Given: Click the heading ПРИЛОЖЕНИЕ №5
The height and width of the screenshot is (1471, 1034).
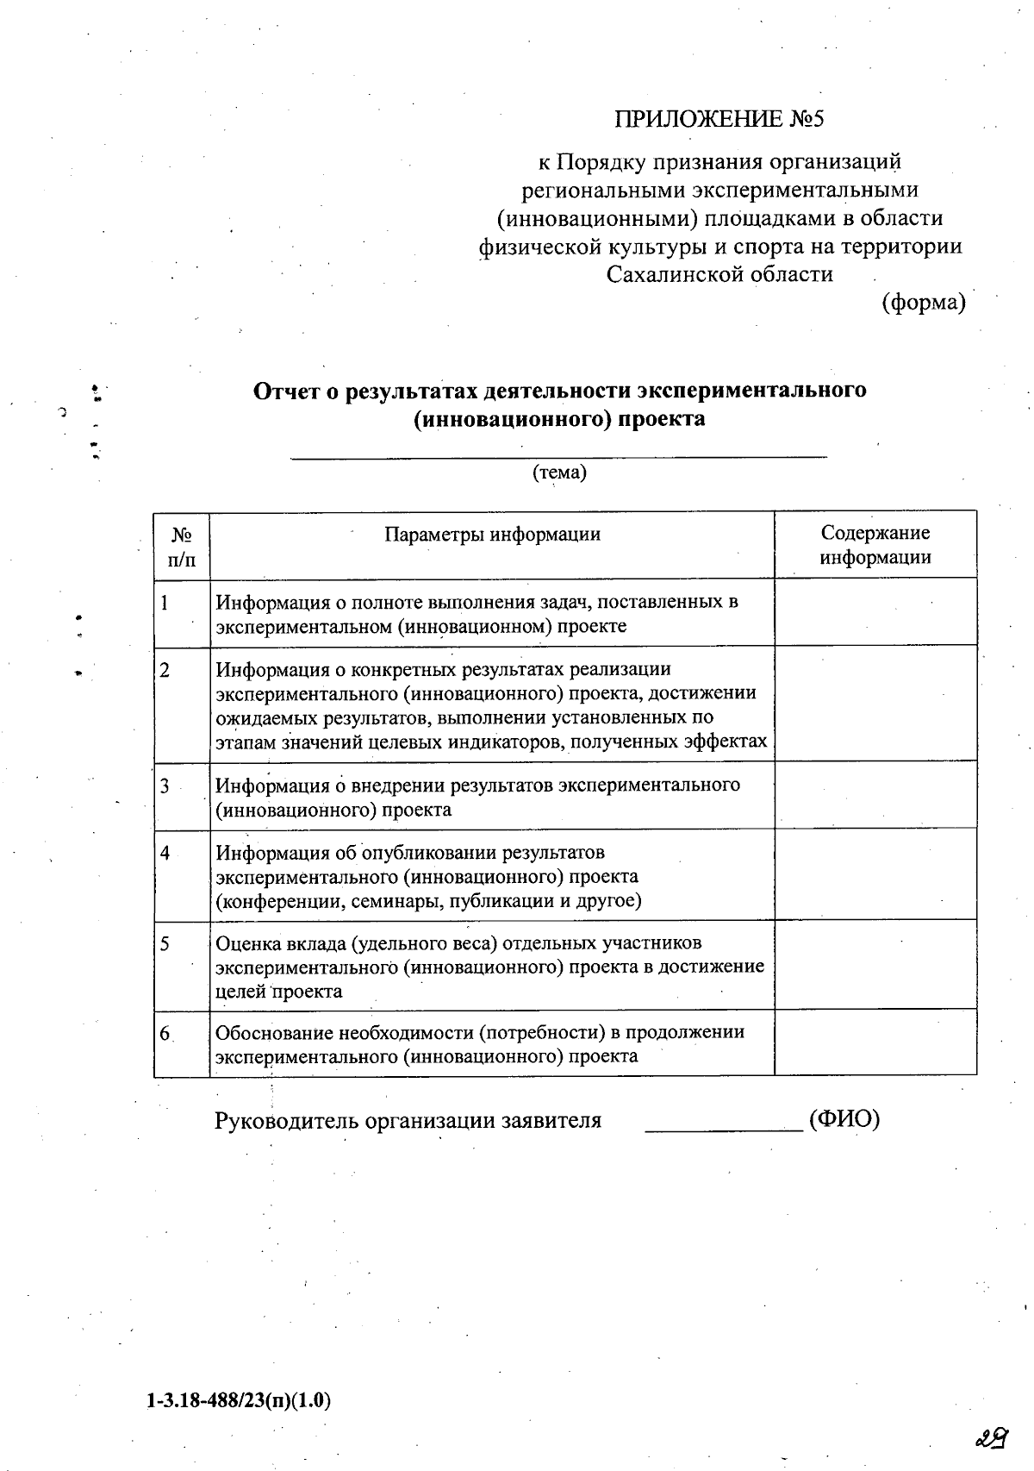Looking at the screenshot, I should tap(719, 119).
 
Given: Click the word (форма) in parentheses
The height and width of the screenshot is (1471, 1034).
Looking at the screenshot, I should tap(923, 303).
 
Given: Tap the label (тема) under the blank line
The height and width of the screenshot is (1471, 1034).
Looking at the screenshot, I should tap(559, 473).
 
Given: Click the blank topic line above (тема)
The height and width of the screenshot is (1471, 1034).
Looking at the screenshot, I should tap(558, 455).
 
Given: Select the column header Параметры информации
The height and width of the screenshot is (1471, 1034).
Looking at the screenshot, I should tap(492, 535).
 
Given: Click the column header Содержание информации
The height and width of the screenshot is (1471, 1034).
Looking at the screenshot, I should tap(875, 545).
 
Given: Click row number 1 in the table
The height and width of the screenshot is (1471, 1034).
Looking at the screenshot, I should tap(165, 602).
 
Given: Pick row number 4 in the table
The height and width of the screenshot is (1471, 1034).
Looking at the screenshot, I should tap(165, 853).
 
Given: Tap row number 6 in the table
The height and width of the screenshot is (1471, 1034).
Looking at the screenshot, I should tap(165, 1032).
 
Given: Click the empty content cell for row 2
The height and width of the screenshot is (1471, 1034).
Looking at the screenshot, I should tap(875, 703).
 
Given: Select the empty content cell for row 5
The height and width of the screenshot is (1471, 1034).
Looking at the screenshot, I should tap(875, 965).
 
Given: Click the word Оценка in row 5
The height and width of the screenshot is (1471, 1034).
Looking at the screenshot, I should tap(245, 943).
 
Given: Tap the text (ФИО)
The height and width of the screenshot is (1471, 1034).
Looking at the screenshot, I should tap(844, 1120).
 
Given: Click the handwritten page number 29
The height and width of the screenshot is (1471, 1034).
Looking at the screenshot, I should tap(993, 1437).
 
